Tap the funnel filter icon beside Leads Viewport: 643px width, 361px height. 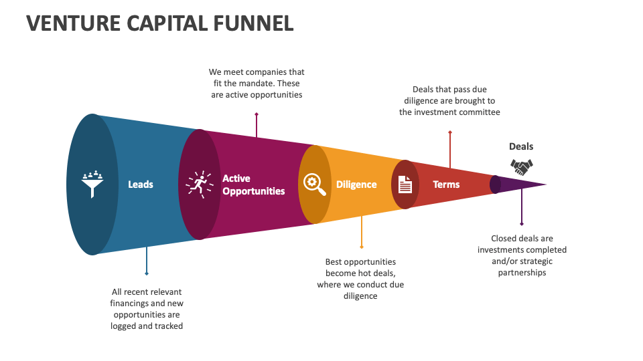[92, 184]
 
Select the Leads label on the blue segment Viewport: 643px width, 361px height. [141, 185]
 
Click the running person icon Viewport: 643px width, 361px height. [199, 183]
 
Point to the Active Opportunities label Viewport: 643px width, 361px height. [253, 185]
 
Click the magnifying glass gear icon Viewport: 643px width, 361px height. [315, 184]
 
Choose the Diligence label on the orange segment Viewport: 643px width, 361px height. [356, 185]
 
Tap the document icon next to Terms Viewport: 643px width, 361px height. [405, 184]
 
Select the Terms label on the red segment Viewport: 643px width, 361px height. [446, 185]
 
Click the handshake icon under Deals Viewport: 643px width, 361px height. [521, 166]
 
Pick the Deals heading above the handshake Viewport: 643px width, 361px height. [521, 146]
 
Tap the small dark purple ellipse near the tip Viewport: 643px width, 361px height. [495, 185]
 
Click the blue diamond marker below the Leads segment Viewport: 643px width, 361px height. [147, 273]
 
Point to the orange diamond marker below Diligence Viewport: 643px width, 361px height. [361, 247]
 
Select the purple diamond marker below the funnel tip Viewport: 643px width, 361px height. [522, 224]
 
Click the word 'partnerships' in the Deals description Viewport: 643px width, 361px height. [522, 273]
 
